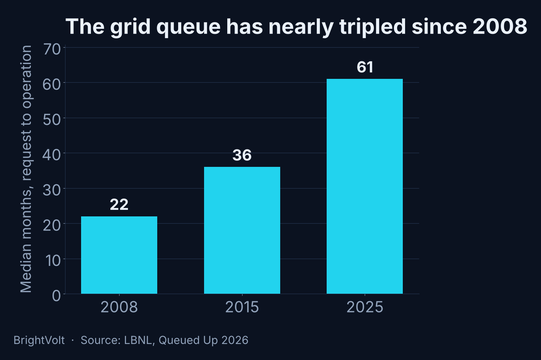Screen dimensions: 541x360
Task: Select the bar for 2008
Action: point(119,255)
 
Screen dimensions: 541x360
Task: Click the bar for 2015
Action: point(242,230)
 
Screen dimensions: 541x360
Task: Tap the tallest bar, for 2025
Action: point(365,186)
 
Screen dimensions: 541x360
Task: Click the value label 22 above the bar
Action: point(119,205)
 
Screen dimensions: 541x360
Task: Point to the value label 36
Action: point(242,155)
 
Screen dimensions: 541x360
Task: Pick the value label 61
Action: point(365,67)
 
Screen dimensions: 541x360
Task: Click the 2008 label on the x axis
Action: point(119,307)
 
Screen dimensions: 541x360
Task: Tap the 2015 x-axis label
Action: point(242,307)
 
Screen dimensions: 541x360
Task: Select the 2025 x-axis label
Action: point(365,307)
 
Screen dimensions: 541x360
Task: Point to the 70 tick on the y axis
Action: point(52,49)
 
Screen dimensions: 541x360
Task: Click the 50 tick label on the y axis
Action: point(52,120)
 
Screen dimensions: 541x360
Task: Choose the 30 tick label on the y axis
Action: point(52,190)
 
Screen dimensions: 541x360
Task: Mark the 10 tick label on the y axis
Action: point(53,261)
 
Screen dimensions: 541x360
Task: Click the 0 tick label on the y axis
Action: point(56,296)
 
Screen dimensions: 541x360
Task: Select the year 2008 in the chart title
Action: point(500,26)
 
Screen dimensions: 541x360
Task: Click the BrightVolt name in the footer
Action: point(39,340)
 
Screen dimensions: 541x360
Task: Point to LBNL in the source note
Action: point(139,340)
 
